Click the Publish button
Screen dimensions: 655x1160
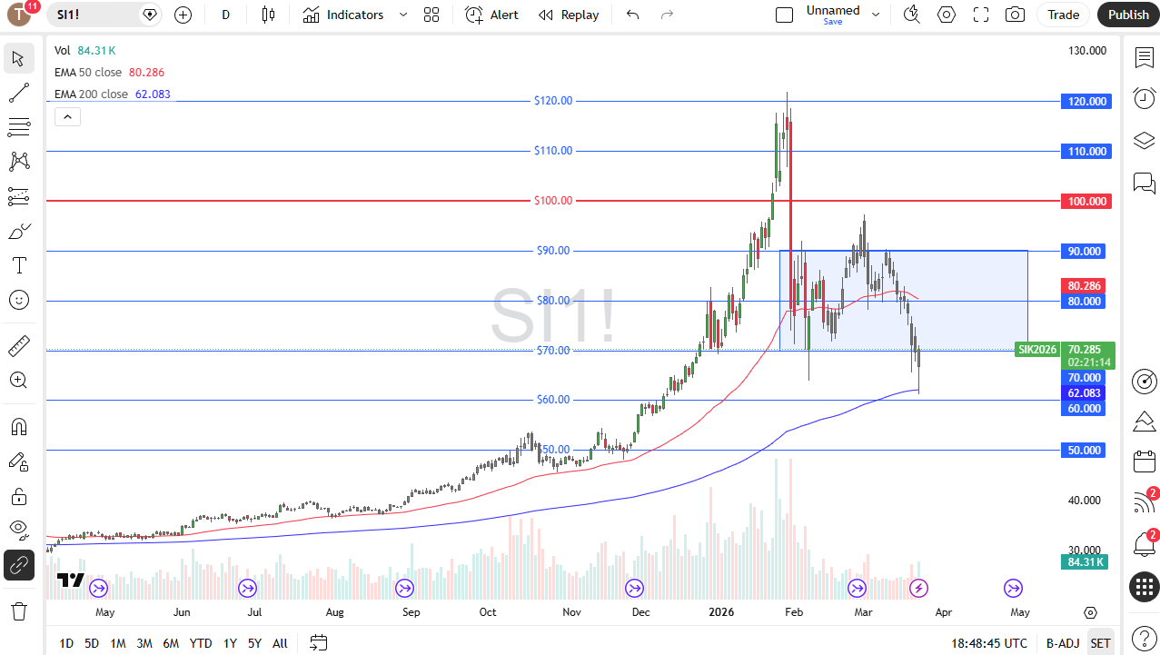click(1128, 15)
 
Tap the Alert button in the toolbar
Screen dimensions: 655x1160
click(492, 15)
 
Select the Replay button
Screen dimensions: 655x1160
click(569, 15)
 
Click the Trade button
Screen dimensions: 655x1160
click(1063, 15)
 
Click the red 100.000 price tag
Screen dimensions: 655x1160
click(1086, 201)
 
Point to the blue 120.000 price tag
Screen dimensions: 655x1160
click(1086, 102)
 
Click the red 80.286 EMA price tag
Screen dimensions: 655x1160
click(1086, 285)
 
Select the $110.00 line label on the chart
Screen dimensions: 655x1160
click(553, 151)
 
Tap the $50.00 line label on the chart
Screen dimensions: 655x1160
click(553, 450)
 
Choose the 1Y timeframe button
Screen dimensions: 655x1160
click(230, 643)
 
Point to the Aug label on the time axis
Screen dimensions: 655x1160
click(335, 612)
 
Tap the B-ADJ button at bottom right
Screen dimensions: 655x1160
click(1061, 643)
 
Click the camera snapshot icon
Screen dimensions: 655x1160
click(1015, 15)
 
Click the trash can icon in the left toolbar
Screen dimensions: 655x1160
click(18, 610)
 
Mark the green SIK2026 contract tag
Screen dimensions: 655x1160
click(1036, 350)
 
